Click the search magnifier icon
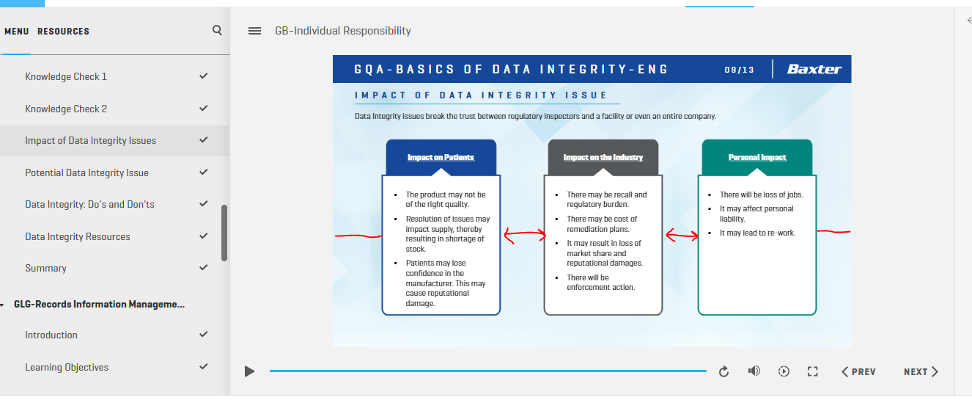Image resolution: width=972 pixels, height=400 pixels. [217, 30]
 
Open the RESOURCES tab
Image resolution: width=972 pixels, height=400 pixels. [63, 32]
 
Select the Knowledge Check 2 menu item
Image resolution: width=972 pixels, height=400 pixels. [66, 109]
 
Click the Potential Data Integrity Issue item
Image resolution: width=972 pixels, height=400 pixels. [86, 172]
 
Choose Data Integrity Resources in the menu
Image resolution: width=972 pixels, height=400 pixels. [78, 236]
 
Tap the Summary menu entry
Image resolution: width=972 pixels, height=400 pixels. [45, 268]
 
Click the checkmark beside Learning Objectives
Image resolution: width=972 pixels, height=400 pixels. [203, 366]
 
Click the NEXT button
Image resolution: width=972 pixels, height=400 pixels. [921, 372]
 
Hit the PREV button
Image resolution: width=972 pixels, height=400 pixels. [858, 372]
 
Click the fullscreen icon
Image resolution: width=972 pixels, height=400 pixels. [813, 371]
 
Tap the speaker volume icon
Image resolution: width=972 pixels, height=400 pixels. [754, 371]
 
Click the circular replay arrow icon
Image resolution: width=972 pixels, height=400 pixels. [724, 371]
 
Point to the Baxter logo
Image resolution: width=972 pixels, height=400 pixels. [814, 69]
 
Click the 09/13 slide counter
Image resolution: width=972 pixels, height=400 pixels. [740, 70]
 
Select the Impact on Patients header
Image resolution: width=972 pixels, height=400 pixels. [441, 157]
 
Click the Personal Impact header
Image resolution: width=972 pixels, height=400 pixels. [757, 157]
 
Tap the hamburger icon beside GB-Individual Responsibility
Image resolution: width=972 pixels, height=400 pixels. [254, 31]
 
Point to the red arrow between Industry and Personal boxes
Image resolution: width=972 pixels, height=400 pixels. [682, 236]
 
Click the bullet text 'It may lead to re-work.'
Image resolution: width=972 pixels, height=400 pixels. [758, 233]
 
